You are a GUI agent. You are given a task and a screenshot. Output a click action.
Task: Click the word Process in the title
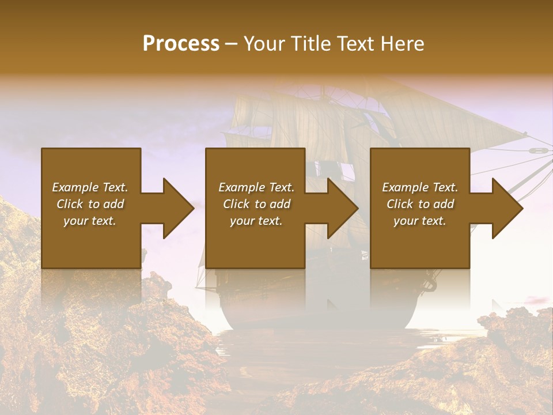[x=181, y=44]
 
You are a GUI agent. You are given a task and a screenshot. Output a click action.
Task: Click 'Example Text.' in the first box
[x=90, y=187]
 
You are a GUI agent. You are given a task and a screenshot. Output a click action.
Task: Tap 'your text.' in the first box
[x=90, y=221]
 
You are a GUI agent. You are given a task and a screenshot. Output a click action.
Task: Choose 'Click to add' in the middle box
[x=256, y=204]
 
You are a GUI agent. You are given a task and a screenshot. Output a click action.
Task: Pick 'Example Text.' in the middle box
[x=256, y=187]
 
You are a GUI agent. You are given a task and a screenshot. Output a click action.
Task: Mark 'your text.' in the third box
[x=420, y=221]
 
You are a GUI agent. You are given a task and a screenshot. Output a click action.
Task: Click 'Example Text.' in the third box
[x=420, y=187]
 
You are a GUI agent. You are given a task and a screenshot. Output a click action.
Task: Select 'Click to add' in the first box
[x=90, y=204]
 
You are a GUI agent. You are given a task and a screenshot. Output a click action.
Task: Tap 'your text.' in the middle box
[x=256, y=221]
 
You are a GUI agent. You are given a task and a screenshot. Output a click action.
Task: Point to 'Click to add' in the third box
[x=420, y=204]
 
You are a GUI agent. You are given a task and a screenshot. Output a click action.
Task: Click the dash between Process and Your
[x=231, y=44]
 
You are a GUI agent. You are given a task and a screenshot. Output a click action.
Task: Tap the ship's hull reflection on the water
[x=317, y=317]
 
